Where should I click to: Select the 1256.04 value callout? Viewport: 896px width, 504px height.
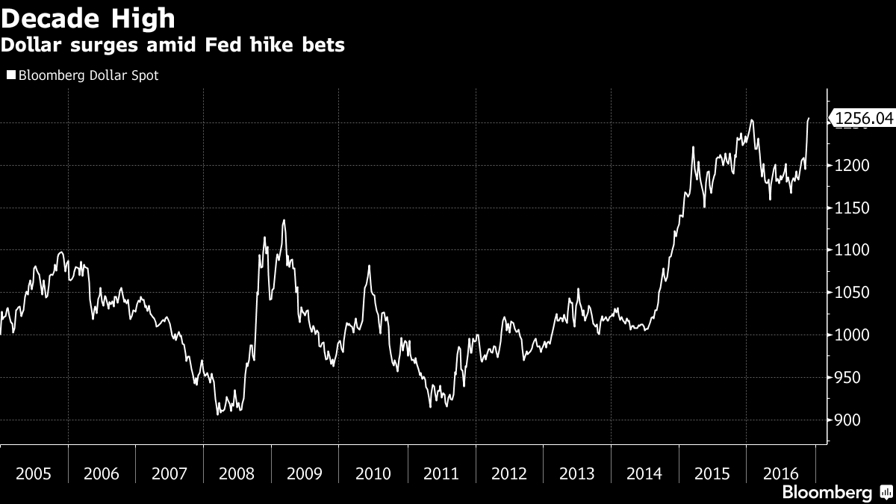(863, 118)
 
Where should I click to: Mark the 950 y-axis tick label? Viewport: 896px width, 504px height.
(848, 378)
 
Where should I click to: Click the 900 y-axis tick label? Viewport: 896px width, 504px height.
(848, 420)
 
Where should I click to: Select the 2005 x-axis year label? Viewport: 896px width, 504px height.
(34, 473)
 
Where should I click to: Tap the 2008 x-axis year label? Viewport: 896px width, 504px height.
(237, 473)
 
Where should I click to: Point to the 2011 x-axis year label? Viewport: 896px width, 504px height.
(441, 473)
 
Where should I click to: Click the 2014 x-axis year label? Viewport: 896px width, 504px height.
(644, 473)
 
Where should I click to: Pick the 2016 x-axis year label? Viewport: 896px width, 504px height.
(780, 473)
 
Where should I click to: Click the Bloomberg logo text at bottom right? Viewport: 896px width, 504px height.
(827, 493)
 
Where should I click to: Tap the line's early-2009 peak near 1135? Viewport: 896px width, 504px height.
(284, 220)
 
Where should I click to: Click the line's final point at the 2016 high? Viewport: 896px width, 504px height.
(809, 118)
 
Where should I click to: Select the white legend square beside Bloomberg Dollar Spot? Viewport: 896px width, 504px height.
(11, 75)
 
